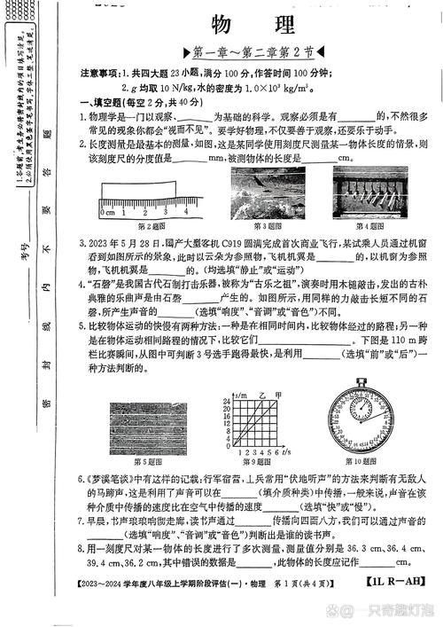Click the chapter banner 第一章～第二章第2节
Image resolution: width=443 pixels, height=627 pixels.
pos(247,53)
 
